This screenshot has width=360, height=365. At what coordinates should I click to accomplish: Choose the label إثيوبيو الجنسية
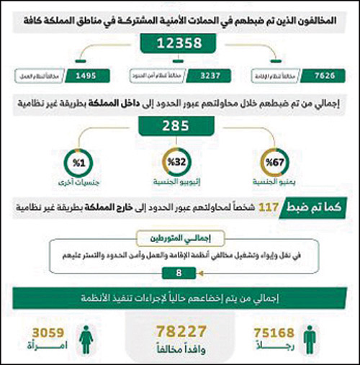tap(178, 183)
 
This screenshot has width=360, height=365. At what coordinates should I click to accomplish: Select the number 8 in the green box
tap(178, 274)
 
